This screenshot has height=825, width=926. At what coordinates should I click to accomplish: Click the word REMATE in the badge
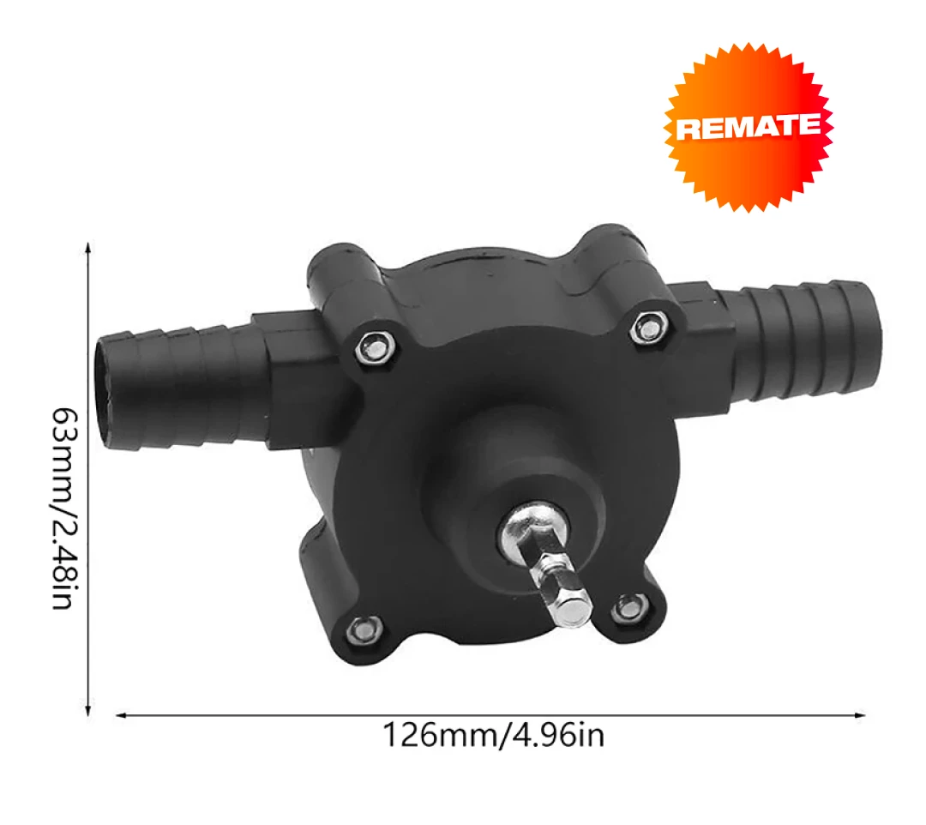[748, 128]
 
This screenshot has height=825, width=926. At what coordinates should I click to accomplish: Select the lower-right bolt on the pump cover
[627, 606]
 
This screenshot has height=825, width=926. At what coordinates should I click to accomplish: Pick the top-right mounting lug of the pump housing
[613, 249]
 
